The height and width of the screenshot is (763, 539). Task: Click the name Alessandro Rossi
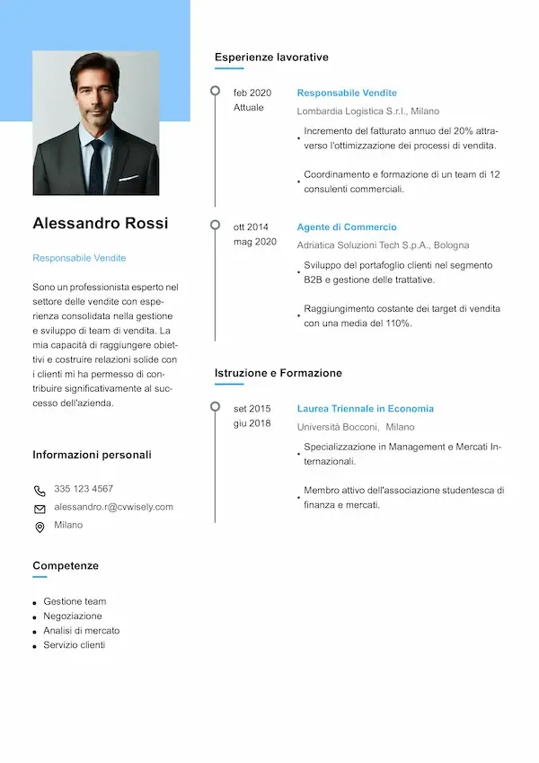point(100,223)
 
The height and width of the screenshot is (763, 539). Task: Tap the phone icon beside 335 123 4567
point(40,491)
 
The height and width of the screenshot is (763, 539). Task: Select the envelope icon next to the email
point(40,509)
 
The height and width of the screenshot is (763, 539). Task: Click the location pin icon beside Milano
point(40,528)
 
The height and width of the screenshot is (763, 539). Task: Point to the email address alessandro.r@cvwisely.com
point(113,507)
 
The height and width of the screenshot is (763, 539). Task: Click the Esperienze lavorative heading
point(271,58)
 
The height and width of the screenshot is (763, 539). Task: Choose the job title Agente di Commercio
point(347,227)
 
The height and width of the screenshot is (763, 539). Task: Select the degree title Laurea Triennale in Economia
point(365,409)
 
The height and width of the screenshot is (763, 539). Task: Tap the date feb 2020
point(252,93)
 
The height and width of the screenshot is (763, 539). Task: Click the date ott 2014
point(252,227)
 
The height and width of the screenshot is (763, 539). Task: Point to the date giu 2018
point(252,423)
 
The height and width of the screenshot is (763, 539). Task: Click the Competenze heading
point(66,566)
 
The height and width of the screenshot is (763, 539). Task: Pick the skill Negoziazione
point(73,617)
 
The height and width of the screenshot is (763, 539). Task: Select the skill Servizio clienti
point(75,645)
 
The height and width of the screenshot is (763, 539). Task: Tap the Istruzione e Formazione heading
point(278,373)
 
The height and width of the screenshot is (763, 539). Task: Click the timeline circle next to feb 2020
point(215,91)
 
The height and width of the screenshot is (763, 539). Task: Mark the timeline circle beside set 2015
point(215,406)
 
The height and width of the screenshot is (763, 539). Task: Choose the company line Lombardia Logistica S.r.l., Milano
point(368,111)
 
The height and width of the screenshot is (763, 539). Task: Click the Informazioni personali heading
point(92,455)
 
